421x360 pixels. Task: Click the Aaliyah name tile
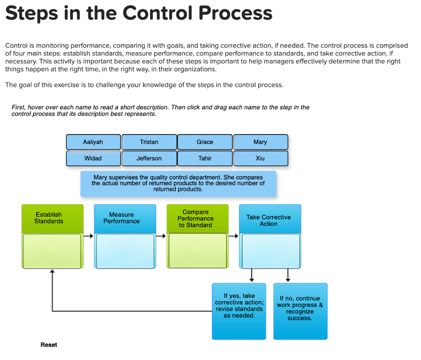coord(93,142)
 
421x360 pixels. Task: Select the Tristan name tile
coord(149,142)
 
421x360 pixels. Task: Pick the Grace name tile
coord(205,142)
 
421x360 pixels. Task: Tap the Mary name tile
coord(261,142)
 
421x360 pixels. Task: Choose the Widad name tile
coord(93,158)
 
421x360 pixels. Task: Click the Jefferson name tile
coord(149,158)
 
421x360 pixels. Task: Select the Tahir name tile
coord(205,158)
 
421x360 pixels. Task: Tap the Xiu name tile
coord(261,158)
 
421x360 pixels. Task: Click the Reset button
coord(49,345)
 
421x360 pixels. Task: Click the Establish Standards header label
coord(49,218)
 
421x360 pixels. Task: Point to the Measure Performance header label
coord(122,218)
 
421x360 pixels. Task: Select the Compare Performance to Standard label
coord(196,218)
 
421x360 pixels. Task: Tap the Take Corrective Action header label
coord(268,221)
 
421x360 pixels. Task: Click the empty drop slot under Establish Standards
coord(52,251)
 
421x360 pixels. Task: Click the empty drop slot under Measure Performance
coord(125,251)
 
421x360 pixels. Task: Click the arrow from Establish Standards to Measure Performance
coord(88,236)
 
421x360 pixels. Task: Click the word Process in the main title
coord(235,14)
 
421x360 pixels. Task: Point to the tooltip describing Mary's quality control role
coord(178,183)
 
